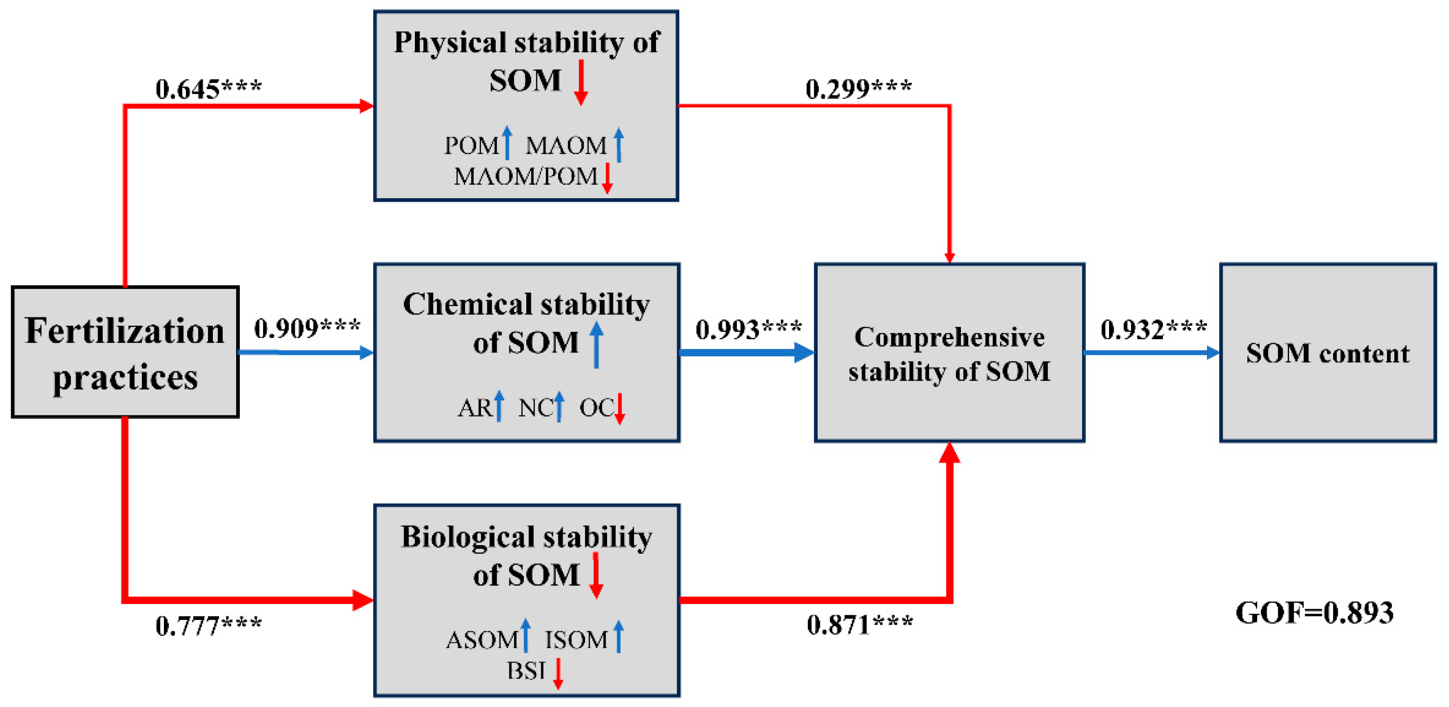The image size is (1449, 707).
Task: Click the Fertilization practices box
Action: click(125, 352)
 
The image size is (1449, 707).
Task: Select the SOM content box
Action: click(1327, 353)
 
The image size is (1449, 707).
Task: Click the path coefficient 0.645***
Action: click(208, 89)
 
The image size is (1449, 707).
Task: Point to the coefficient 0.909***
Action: click(307, 328)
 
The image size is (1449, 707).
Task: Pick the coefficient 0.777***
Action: click(208, 625)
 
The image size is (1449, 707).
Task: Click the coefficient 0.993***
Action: click(748, 329)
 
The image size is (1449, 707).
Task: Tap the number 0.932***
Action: click(1153, 329)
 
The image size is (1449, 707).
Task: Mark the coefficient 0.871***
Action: click(859, 624)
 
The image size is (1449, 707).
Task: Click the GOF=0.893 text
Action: click(1314, 613)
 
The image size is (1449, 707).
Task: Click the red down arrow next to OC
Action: click(619, 409)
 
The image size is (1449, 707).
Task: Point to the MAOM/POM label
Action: click(525, 177)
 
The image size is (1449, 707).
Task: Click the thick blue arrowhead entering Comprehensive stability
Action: click(803, 353)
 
